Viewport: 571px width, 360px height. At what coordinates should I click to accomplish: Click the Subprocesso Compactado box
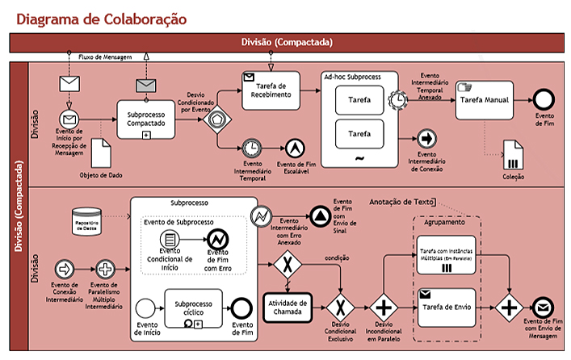coord(146,119)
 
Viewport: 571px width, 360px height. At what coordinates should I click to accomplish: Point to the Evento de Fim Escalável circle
coord(295,148)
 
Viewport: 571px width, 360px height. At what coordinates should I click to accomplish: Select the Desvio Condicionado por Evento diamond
coord(216,118)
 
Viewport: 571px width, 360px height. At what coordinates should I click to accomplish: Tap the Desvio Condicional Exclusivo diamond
coord(342,307)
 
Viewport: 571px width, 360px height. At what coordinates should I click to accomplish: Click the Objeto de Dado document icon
coord(101,151)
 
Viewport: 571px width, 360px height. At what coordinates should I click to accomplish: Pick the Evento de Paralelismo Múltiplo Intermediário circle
coord(105,268)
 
